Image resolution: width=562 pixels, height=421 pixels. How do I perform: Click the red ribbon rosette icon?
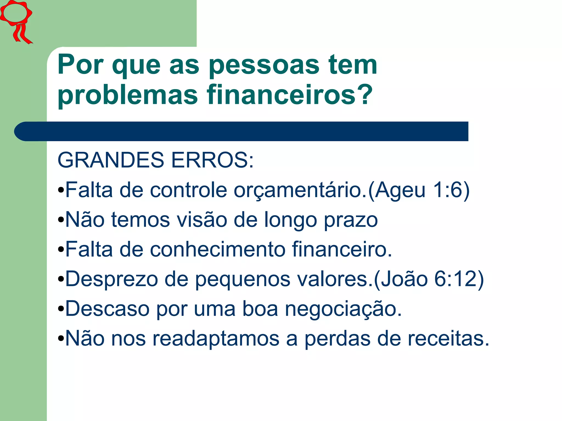pos(16,21)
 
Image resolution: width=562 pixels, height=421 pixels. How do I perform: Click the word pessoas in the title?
pos(264,65)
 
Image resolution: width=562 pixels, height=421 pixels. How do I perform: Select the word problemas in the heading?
pos(128,95)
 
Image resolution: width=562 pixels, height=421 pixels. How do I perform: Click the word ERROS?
pos(212,160)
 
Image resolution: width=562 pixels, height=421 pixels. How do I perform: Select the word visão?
pos(202,220)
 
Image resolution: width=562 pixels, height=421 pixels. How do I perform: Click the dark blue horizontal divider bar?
pos(241,131)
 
